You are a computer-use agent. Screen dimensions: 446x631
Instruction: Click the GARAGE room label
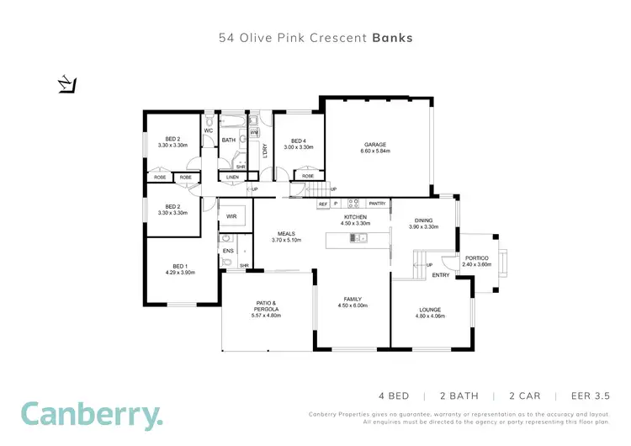point(375,145)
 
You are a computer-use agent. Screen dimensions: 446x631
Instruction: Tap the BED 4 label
point(298,141)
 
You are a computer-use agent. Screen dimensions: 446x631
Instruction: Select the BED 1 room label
point(180,268)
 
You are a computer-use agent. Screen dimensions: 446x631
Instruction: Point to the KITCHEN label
point(356,218)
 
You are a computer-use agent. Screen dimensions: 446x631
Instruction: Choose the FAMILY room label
point(352,299)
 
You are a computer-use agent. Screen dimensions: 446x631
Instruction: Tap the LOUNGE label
point(429,311)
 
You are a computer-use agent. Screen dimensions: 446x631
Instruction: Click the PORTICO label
point(476,259)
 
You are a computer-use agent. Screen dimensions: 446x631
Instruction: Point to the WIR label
point(231,216)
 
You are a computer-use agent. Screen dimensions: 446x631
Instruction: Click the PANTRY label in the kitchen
point(378,203)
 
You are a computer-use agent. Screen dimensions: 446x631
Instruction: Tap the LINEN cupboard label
point(232,177)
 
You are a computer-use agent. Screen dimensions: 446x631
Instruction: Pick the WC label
point(208,130)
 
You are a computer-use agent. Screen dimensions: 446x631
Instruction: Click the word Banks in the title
point(392,38)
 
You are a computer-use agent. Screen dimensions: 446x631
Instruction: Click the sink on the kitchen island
point(357,239)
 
